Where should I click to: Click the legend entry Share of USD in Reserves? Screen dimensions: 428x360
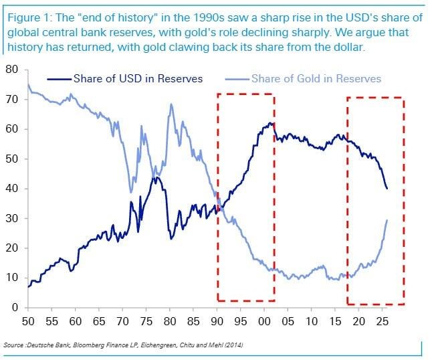click(x=125, y=79)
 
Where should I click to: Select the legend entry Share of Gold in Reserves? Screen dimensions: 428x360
click(x=303, y=79)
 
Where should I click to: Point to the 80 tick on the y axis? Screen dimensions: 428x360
click(x=11, y=70)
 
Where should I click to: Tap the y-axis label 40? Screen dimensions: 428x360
click(x=11, y=189)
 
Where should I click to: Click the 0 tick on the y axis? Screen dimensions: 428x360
click(x=15, y=308)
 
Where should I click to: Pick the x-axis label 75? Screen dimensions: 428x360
click(x=146, y=321)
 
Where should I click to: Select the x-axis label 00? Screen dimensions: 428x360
click(x=264, y=321)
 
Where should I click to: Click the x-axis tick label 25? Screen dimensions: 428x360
click(x=382, y=321)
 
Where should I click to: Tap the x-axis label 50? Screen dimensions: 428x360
click(x=28, y=321)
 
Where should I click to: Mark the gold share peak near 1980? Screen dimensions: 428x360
click(x=171, y=104)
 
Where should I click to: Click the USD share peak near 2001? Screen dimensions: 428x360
click(x=270, y=122)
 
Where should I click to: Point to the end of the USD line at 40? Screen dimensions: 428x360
click(x=387, y=189)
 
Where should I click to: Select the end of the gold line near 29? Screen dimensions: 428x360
click(x=387, y=220)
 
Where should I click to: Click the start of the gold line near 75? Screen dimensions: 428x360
click(x=28, y=84)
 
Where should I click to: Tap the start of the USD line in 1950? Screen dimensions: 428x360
click(x=28, y=287)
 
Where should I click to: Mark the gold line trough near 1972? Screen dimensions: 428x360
click(x=131, y=192)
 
